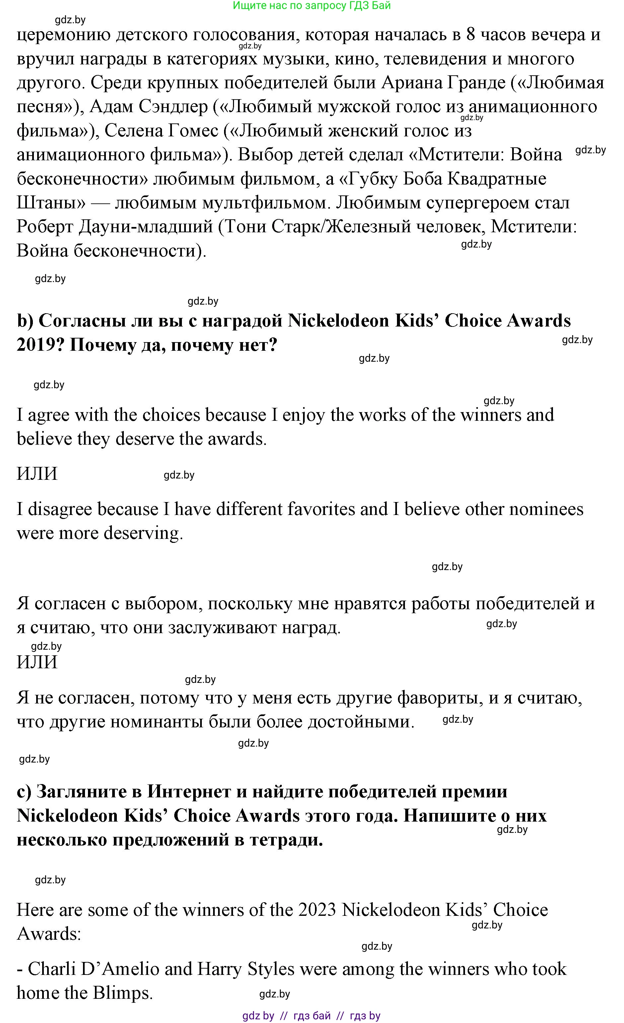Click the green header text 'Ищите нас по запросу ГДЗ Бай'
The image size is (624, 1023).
coord(312,6)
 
